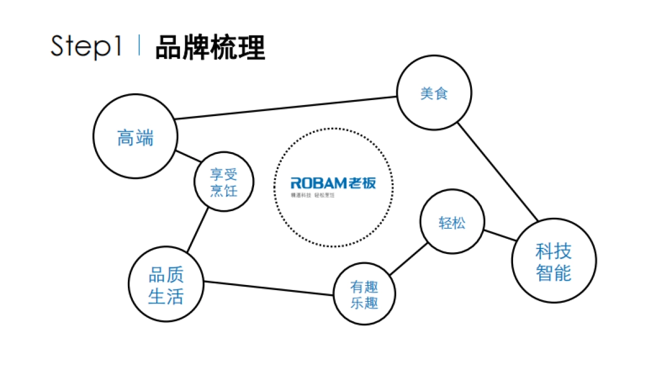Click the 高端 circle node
click(x=135, y=137)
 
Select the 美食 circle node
click(x=434, y=93)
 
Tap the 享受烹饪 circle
click(x=223, y=182)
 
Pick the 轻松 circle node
click(x=452, y=223)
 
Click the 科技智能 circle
click(x=554, y=261)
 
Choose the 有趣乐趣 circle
click(x=364, y=294)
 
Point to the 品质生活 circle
click(x=166, y=285)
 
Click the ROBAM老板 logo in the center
click(x=333, y=183)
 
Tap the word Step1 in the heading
click(x=86, y=47)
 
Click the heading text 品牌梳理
click(x=210, y=47)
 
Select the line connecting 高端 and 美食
click(x=286, y=108)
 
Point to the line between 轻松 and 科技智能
click(x=499, y=235)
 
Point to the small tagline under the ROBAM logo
click(x=315, y=196)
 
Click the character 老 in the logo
click(x=356, y=183)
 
